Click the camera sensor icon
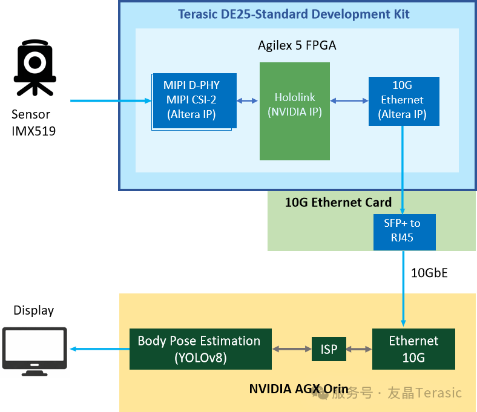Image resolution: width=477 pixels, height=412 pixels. click(x=35, y=68)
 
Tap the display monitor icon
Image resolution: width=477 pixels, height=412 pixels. click(x=35, y=352)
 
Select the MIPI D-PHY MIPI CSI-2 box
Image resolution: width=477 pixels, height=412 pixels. click(x=194, y=100)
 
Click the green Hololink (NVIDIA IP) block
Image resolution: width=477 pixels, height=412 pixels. click(x=294, y=111)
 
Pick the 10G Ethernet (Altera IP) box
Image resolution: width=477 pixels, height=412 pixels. click(x=404, y=101)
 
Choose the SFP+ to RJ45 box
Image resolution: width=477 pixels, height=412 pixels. click(x=404, y=232)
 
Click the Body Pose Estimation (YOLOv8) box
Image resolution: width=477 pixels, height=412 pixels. click(x=200, y=349)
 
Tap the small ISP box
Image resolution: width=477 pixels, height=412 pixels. click(x=329, y=349)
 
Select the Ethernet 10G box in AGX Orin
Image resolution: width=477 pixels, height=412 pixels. click(x=413, y=349)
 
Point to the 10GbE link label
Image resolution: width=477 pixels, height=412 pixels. click(x=429, y=273)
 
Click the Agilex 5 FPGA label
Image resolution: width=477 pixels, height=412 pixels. click(x=297, y=45)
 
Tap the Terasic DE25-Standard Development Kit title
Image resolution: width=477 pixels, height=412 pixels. click(x=294, y=15)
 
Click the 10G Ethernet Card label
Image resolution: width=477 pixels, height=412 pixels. click(x=338, y=203)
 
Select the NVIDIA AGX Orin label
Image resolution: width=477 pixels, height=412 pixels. click(x=299, y=389)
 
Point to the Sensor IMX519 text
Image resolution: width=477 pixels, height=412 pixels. click(x=33, y=123)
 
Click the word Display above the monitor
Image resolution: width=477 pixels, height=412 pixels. click(x=33, y=310)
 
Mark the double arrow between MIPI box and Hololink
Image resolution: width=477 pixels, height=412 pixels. click(x=247, y=100)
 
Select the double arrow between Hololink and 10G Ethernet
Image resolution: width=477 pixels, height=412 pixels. click(x=349, y=100)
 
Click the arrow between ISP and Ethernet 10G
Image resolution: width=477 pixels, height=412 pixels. click(x=360, y=349)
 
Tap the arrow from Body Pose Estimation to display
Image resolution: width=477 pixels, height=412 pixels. click(x=100, y=349)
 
